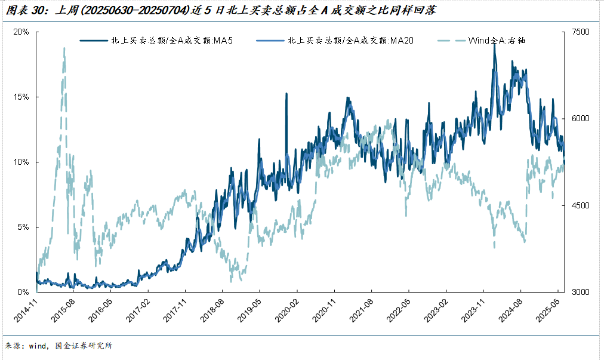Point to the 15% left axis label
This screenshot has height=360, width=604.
coord(22,97)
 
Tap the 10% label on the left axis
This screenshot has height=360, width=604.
coord(22,162)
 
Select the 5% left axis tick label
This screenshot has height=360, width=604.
coord(24,227)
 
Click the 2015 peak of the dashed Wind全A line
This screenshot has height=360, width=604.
coord(64,49)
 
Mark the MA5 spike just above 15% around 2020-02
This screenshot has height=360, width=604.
coord(286,94)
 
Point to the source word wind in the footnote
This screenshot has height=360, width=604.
coord(38,346)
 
